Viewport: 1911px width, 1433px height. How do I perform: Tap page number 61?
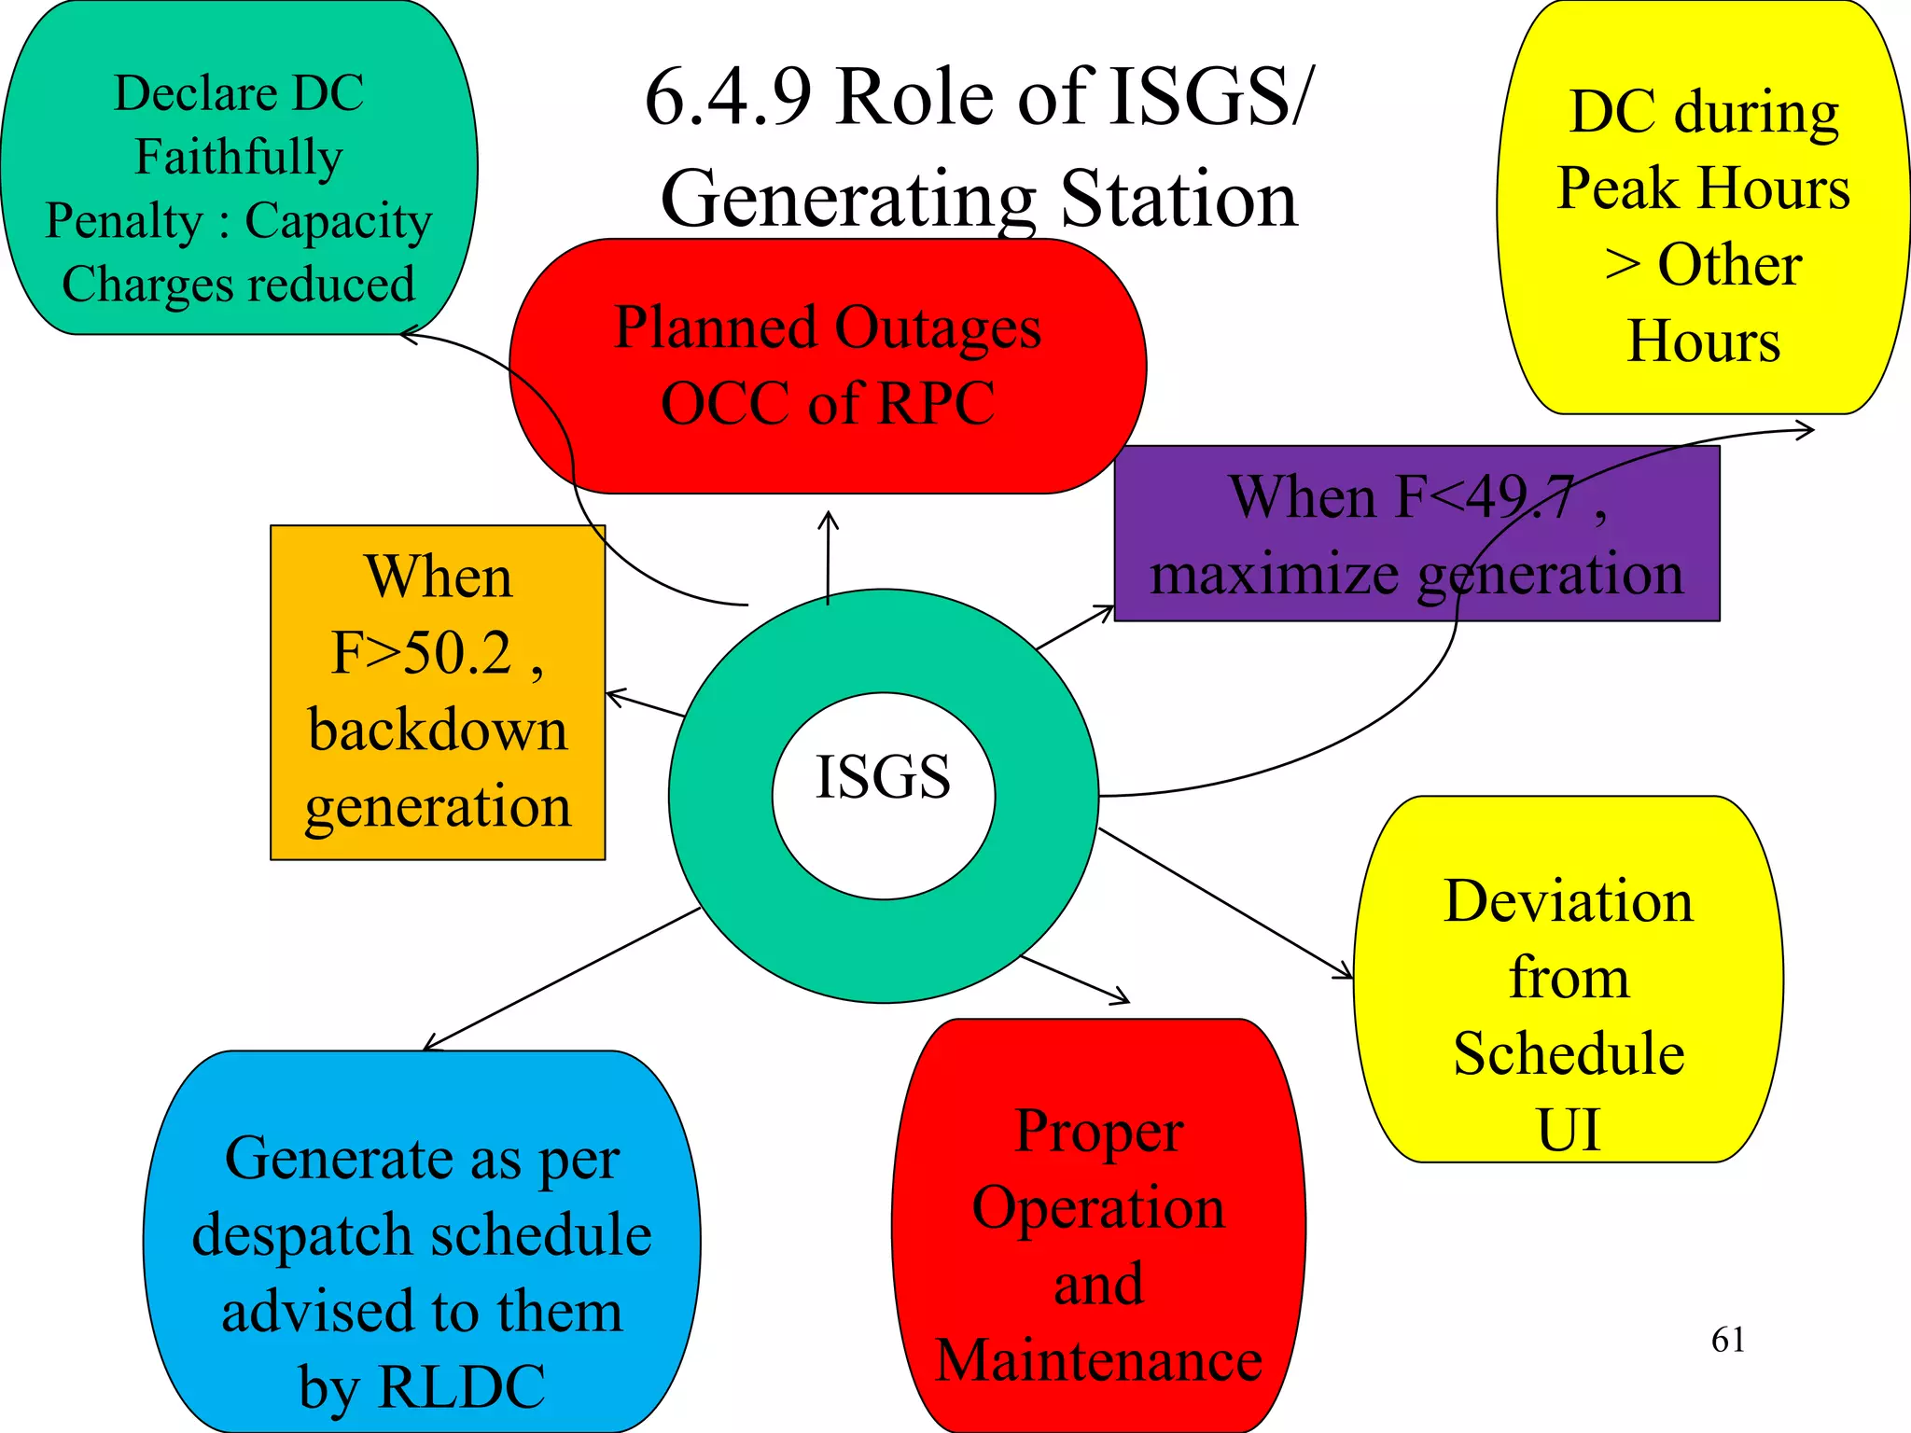[x=1727, y=1340]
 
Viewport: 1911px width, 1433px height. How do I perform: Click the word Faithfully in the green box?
[x=239, y=157]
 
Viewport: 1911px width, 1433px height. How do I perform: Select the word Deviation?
[x=1568, y=901]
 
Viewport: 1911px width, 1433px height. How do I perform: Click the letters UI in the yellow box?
[x=1568, y=1130]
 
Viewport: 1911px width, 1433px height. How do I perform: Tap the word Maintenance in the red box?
[x=1098, y=1360]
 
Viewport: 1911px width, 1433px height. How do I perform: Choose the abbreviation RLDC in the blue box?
[x=462, y=1386]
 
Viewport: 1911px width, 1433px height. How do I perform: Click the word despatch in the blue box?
[x=302, y=1235]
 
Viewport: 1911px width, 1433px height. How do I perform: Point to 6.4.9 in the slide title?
[x=728, y=97]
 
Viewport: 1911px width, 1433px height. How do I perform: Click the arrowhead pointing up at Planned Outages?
[x=828, y=516]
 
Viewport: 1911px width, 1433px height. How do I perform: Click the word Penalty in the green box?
[x=123, y=221]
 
